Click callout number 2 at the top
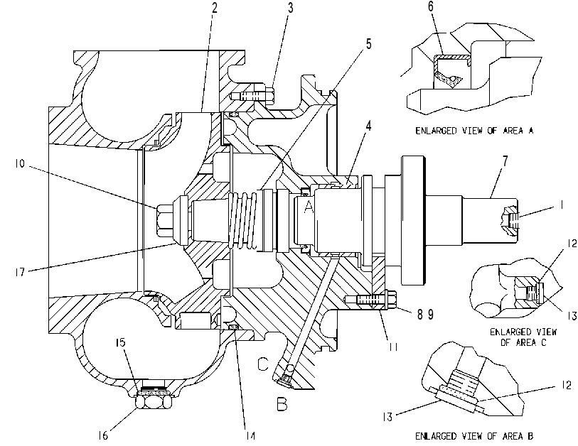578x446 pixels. click(x=215, y=8)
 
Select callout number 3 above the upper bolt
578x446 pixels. click(x=291, y=8)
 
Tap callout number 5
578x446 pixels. click(x=368, y=44)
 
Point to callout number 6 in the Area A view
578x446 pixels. click(x=431, y=7)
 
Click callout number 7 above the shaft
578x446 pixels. click(x=505, y=161)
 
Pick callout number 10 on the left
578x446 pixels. click(x=20, y=163)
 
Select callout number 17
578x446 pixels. click(x=20, y=272)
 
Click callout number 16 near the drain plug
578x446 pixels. click(x=103, y=435)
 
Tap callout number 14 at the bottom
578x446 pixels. click(x=250, y=435)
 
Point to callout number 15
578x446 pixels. click(x=121, y=342)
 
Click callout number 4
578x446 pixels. click(x=368, y=126)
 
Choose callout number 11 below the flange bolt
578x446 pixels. click(x=393, y=347)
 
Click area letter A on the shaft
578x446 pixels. click(x=308, y=207)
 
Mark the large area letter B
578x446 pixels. click(x=282, y=404)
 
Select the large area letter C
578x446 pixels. click(x=263, y=364)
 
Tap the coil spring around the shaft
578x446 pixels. click(x=243, y=220)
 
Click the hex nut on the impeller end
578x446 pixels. click(x=164, y=220)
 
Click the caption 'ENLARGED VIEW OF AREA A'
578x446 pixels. click(x=474, y=131)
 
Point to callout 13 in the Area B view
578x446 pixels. click(x=387, y=417)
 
